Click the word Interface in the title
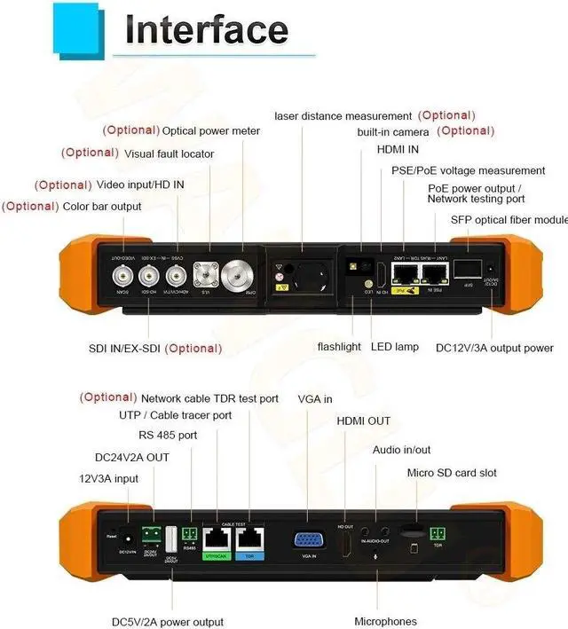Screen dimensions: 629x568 206,29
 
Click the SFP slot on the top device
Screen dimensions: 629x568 471,268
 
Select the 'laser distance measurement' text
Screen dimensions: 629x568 343,116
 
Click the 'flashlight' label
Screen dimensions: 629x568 339,347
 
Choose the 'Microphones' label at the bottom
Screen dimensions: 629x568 385,621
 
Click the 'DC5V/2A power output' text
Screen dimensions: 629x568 167,621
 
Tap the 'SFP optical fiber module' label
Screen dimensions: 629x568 509,219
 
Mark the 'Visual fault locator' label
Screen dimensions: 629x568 169,153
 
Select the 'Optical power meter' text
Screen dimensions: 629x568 211,131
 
